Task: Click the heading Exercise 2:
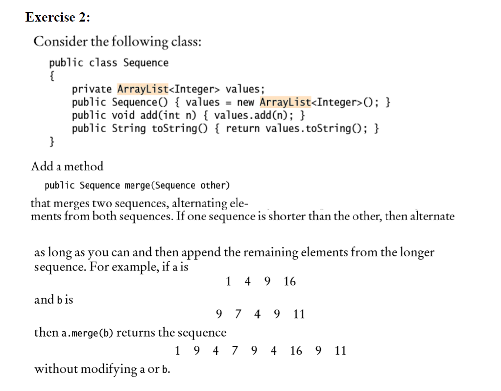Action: point(58,17)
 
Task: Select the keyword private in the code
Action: point(92,89)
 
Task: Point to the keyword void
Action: point(123,116)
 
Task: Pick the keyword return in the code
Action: point(242,129)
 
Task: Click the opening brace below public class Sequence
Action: point(52,76)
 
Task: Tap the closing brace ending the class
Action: point(52,142)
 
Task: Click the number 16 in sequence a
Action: point(289,282)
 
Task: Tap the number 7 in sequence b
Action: point(238,314)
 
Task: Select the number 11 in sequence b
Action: point(299,314)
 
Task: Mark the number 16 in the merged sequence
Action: point(296,351)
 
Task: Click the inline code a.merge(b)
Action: point(87,333)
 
